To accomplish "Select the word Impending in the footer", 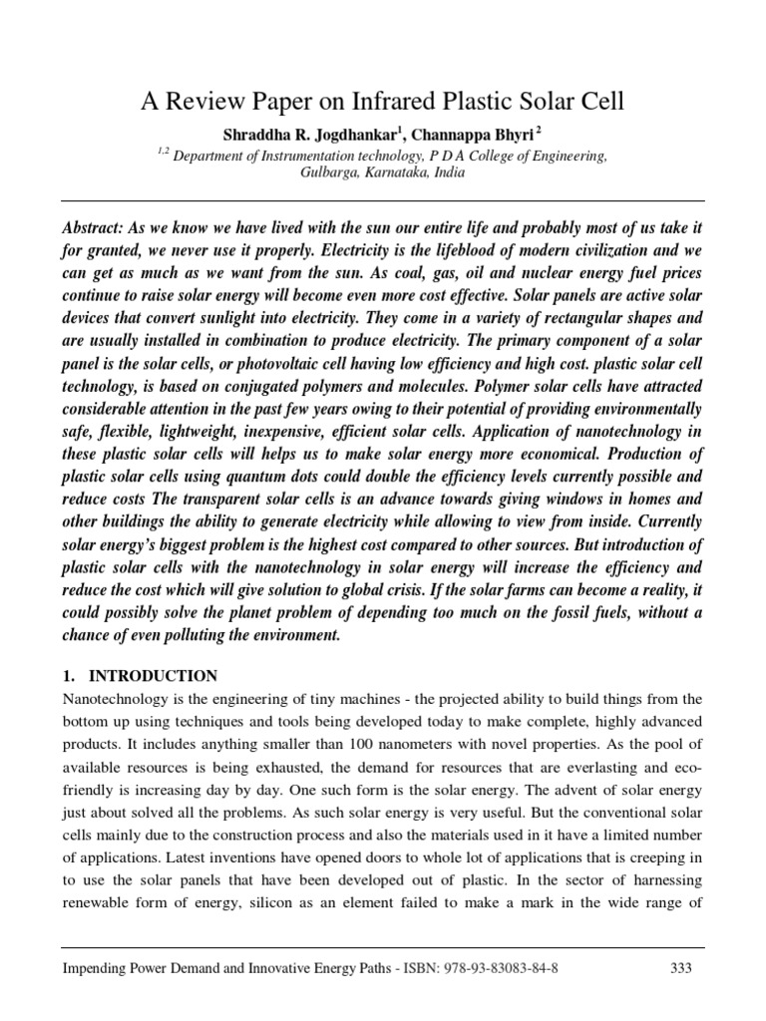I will click(98, 968).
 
